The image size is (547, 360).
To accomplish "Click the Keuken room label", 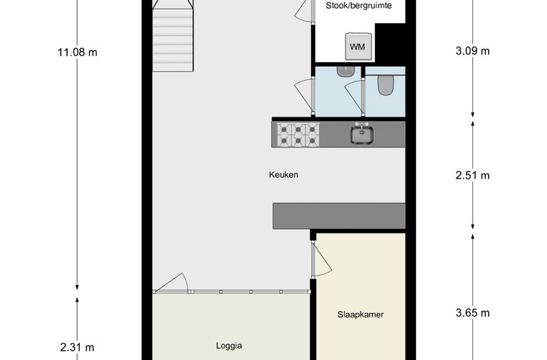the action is (x=284, y=175).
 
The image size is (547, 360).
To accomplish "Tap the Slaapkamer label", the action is (x=361, y=315).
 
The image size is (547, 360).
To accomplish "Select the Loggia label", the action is (x=229, y=346).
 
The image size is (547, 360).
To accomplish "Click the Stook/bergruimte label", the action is (x=358, y=6).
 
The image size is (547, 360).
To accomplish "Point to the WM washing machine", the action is (x=358, y=46).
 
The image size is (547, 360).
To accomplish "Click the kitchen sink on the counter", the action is (x=362, y=134).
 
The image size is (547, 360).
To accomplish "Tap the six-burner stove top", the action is (x=298, y=135).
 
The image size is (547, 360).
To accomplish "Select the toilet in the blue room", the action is (x=386, y=85).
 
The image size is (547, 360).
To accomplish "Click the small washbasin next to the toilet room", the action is (x=345, y=71).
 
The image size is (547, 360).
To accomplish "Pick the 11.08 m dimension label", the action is (x=78, y=53).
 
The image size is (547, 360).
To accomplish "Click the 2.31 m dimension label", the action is (x=77, y=348).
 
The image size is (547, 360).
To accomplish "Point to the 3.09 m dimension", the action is (x=473, y=51).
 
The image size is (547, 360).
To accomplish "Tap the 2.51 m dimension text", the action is (x=473, y=176).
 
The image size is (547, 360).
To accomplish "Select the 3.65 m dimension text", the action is (x=473, y=313).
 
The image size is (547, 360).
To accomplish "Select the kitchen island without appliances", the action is (x=339, y=216).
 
